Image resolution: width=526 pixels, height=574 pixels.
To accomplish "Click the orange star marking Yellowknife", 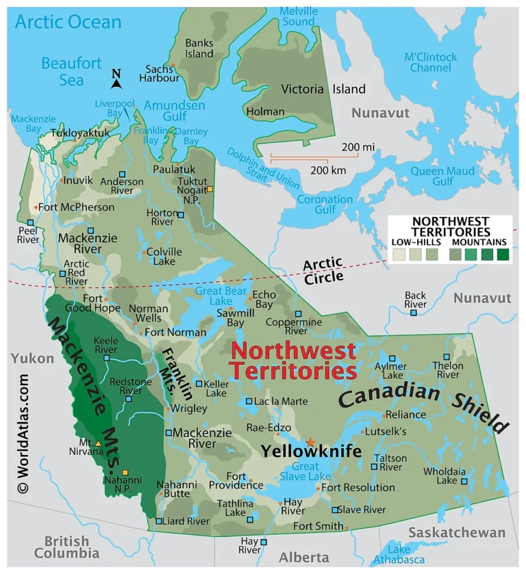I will [x=310, y=443].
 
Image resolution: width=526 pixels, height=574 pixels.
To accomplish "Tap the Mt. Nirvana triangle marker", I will [x=98, y=444].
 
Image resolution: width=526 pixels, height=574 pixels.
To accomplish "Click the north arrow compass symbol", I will [x=116, y=80].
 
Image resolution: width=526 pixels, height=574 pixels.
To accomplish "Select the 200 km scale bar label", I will [x=328, y=170].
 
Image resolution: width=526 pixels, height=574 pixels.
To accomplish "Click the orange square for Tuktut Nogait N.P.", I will [x=210, y=190].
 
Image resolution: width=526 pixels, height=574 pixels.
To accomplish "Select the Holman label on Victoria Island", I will [x=265, y=112].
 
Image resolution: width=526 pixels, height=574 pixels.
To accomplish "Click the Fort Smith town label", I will [x=318, y=526].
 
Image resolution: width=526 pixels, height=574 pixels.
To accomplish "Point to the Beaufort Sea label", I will [x=71, y=72].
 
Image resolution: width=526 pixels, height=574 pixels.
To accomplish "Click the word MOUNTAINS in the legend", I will [x=479, y=242].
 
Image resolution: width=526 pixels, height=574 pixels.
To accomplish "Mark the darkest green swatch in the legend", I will [x=503, y=255].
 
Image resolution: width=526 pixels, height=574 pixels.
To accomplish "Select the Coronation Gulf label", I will [x=325, y=205].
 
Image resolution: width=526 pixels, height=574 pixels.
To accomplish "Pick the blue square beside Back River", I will [x=414, y=313].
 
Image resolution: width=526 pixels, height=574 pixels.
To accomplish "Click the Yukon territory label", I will [x=32, y=358].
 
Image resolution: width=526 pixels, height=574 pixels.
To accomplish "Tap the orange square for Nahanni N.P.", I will [x=125, y=473].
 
